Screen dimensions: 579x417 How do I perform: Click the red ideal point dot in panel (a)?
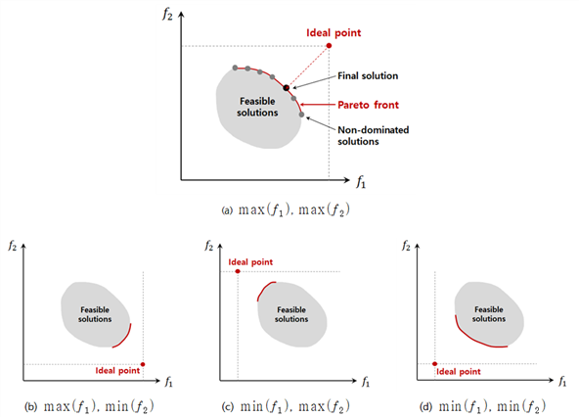tap(329, 45)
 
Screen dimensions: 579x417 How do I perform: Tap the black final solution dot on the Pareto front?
tap(287, 88)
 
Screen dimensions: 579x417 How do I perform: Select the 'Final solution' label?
tap(368, 75)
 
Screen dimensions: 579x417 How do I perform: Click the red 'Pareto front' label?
tap(368, 105)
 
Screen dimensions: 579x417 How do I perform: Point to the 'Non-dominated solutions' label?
tap(374, 136)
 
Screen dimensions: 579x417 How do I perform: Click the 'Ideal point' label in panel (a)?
tap(334, 33)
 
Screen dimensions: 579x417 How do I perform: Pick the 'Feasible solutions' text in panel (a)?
tap(257, 107)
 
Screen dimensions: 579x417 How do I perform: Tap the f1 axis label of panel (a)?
tap(361, 182)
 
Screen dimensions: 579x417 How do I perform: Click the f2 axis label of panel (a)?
tap(167, 14)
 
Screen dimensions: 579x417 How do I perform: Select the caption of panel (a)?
tap(285, 210)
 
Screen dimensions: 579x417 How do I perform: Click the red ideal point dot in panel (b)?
tap(143, 364)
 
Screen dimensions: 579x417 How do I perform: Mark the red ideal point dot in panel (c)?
tap(238, 271)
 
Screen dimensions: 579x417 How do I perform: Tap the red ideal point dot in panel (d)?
tap(434, 364)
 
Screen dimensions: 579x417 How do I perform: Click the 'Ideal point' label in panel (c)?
tap(250, 262)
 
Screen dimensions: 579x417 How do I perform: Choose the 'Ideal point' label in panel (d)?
tap(459, 372)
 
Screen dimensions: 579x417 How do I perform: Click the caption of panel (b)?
tap(89, 406)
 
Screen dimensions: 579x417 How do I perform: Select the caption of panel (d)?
tap(482, 406)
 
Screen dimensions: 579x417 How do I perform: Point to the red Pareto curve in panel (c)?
tap(263, 289)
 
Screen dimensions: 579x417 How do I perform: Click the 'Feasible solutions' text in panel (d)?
tap(489, 314)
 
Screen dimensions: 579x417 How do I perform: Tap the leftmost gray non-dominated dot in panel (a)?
tap(235, 68)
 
